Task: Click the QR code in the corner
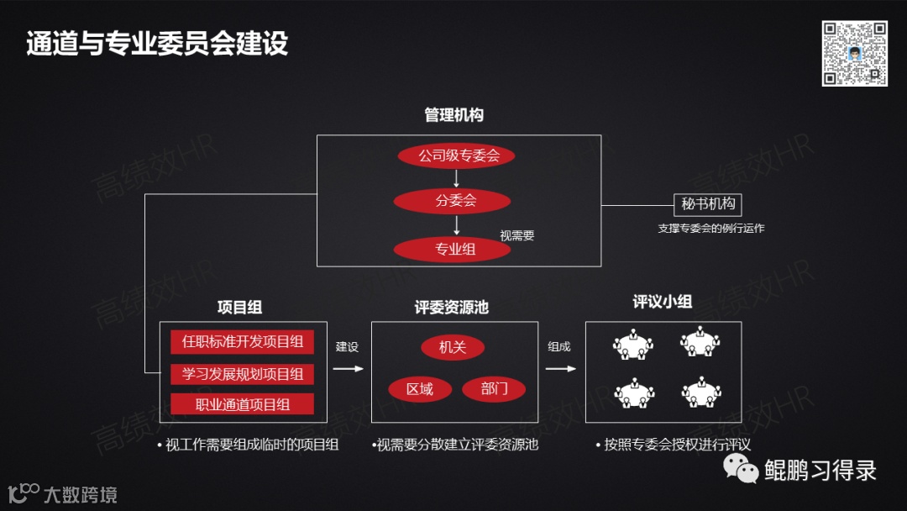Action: pos(854,54)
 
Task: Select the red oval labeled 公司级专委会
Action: pos(454,155)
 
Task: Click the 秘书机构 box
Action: pos(707,204)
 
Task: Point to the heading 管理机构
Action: pos(453,115)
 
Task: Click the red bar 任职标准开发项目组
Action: pos(242,342)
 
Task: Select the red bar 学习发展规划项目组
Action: pos(242,373)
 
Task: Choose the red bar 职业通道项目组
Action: pos(242,404)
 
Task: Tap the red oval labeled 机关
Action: pos(452,348)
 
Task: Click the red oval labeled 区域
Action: pos(419,389)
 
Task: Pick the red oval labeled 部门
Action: pos(494,389)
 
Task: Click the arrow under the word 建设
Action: pos(348,368)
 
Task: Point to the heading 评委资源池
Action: pos(451,308)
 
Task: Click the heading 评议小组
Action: pos(663,303)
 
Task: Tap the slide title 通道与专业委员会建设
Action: pos(157,44)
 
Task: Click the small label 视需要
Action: pos(517,236)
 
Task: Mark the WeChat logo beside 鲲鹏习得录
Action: pos(742,467)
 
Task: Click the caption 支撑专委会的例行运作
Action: pos(711,229)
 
